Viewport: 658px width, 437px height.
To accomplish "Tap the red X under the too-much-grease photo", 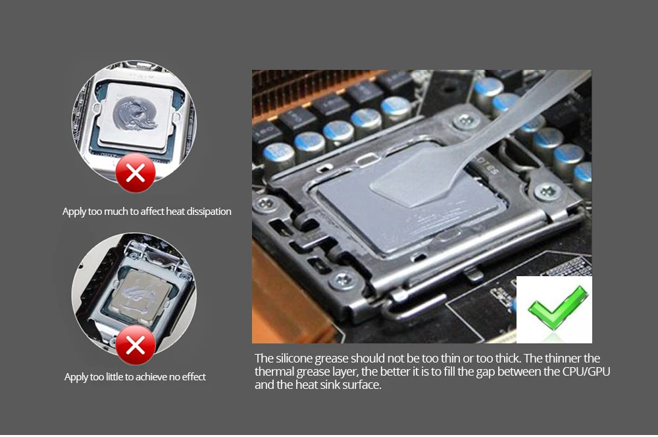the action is [x=135, y=173].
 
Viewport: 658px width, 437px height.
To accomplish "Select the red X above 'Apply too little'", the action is [x=135, y=345].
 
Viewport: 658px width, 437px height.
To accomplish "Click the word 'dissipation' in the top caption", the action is [x=209, y=212].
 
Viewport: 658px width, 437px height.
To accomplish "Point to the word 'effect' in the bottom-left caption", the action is [x=193, y=377].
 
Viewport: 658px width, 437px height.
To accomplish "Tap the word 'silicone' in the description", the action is [x=294, y=359].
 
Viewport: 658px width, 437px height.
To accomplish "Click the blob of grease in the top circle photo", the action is [x=134, y=113].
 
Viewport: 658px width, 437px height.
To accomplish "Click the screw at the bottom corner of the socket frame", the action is [x=343, y=279].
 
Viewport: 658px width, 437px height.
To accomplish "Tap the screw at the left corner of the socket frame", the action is [x=265, y=204].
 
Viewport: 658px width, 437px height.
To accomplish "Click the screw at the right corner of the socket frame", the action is [x=547, y=192].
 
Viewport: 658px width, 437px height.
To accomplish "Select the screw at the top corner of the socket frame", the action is [x=465, y=122].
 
